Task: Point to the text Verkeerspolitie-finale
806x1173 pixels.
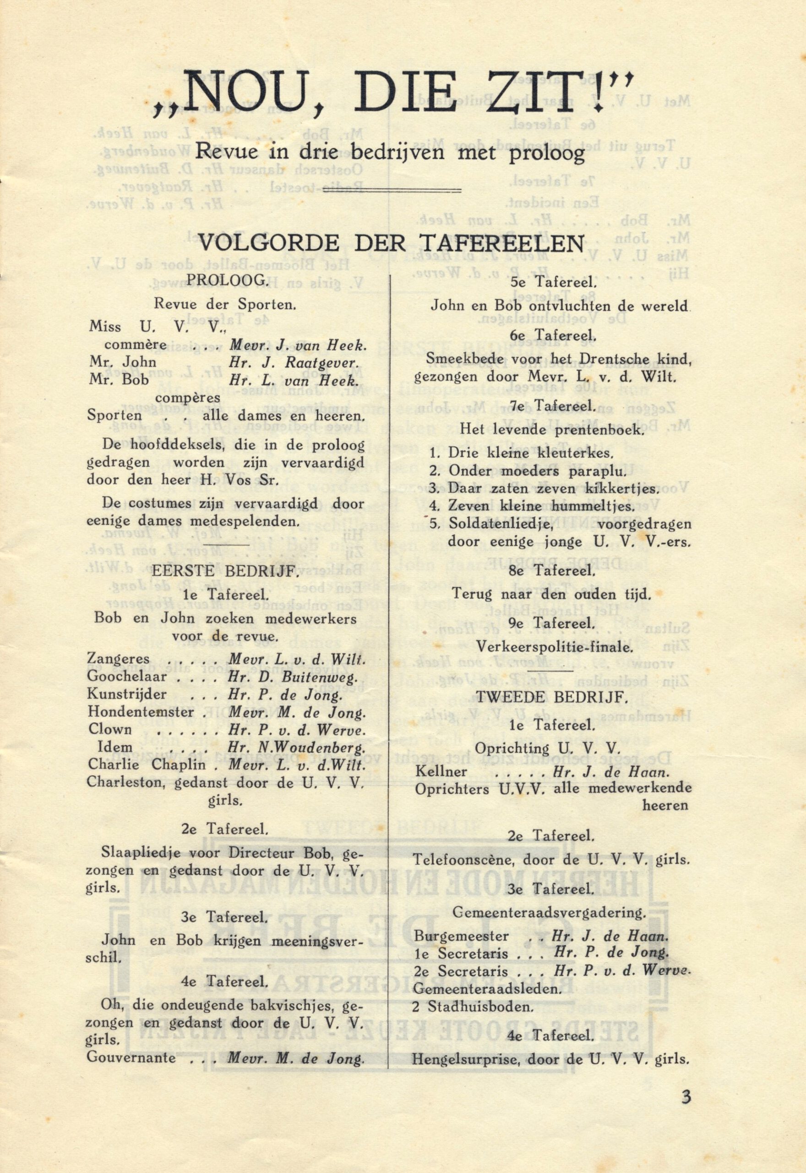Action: pos(552,647)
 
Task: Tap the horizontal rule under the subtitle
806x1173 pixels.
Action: pos(414,190)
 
